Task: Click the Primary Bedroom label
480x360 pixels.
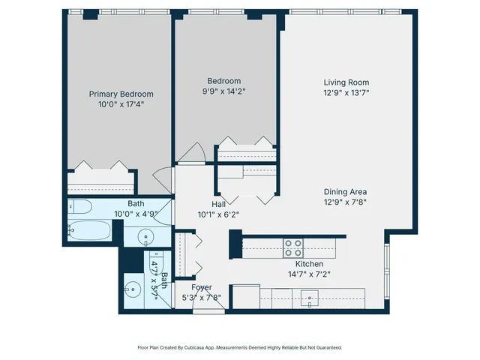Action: tap(121, 94)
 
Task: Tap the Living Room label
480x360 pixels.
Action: tap(346, 82)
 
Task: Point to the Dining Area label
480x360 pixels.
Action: tap(346, 190)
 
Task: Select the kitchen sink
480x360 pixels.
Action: tap(310, 298)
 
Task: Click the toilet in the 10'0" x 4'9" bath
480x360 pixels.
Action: tap(80, 206)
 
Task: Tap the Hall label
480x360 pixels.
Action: tap(218, 203)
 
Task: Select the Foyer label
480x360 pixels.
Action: tap(201, 287)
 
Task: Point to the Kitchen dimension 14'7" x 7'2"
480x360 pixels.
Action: tap(308, 274)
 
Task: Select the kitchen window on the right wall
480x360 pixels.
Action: tap(386, 271)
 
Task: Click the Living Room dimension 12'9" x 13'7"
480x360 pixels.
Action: tap(346, 93)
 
